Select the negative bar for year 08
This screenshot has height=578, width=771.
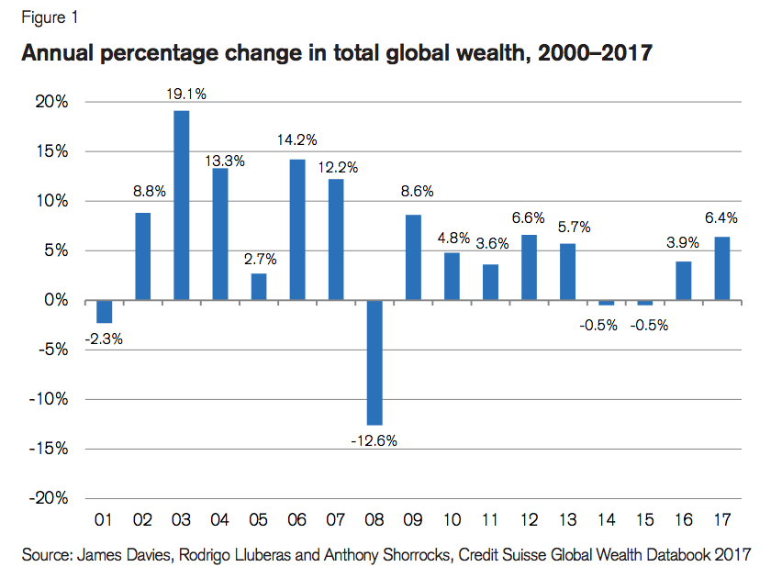click(x=374, y=362)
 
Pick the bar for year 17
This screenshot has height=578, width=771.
click(x=722, y=268)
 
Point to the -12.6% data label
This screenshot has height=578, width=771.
click(x=374, y=441)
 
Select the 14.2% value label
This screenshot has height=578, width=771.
click(x=297, y=140)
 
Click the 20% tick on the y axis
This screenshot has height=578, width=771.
click(x=51, y=102)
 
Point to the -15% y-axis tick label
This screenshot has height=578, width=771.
click(x=49, y=449)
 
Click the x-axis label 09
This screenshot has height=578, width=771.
click(x=413, y=521)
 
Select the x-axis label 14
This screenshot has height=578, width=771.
click(x=606, y=521)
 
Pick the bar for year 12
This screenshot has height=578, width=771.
click(x=529, y=268)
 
